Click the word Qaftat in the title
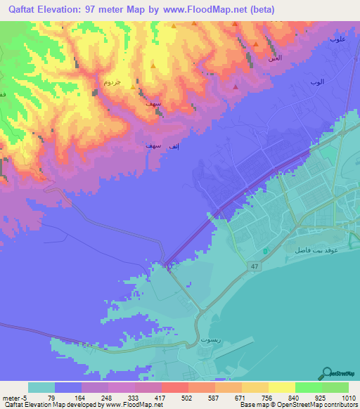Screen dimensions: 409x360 pos(25,10)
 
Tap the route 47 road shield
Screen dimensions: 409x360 pos(253,266)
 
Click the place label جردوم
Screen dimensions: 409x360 pos(112,82)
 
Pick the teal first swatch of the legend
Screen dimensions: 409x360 pos(41,387)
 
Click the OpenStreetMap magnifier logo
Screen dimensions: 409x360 pos(327,372)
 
